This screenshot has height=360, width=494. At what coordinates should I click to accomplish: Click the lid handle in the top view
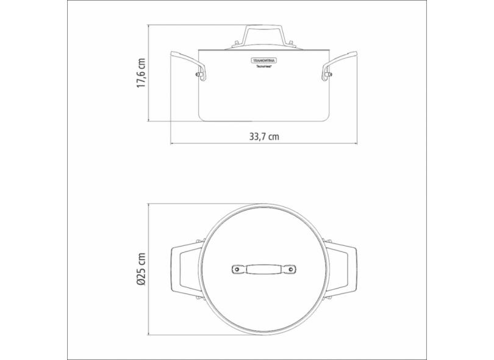click(x=263, y=269)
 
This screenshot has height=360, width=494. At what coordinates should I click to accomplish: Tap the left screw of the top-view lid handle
click(x=237, y=269)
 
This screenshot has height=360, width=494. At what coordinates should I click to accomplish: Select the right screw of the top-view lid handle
click(x=290, y=269)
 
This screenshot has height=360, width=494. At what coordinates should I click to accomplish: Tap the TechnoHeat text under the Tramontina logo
click(x=263, y=71)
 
